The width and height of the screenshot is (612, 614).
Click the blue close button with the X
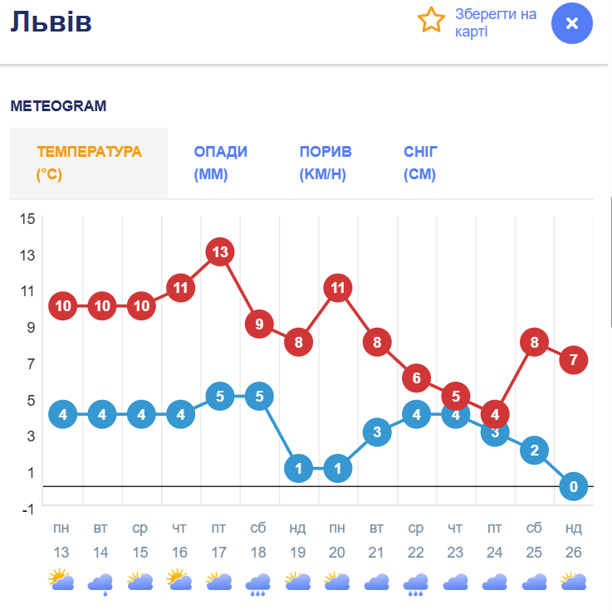coord(572,23)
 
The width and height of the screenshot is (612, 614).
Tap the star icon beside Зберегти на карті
coord(431,19)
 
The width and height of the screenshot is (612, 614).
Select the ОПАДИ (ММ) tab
coord(220,163)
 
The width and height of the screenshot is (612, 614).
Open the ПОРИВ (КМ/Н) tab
coord(325,163)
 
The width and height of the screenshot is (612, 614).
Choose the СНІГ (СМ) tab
coord(420,163)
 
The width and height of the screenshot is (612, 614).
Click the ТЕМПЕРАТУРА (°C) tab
coord(89,163)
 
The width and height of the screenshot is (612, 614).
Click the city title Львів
coord(51,22)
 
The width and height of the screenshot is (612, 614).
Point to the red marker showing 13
coord(220,251)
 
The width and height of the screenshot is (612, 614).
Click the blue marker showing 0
coord(574,486)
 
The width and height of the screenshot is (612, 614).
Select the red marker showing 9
coord(259,324)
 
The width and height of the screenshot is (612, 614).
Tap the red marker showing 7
coord(574,360)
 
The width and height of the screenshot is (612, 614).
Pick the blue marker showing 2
coord(535,450)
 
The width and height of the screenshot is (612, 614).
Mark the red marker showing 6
coord(417,378)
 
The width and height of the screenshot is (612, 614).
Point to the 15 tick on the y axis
coord(27,218)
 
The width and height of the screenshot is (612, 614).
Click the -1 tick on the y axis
coord(27,509)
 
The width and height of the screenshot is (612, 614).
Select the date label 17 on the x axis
coord(219,552)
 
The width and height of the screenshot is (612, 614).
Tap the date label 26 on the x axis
coord(574,552)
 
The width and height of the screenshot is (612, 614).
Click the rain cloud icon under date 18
coord(258,583)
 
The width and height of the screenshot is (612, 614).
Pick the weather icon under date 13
coord(61,580)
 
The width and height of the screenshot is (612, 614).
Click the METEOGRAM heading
coord(58,106)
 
